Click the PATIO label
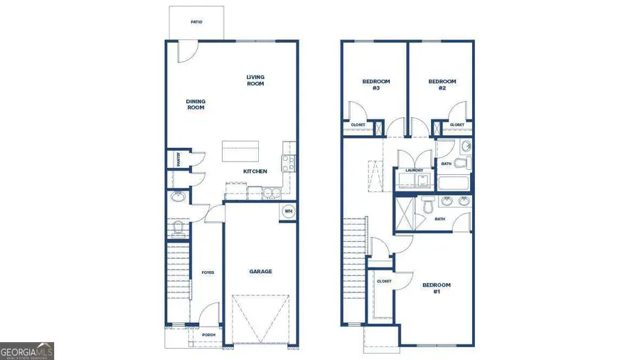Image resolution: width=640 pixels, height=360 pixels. click(x=196, y=22)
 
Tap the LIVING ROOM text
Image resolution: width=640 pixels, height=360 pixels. click(x=255, y=80)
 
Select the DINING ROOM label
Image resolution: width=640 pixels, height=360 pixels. click(x=196, y=105)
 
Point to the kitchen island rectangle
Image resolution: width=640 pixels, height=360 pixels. click(x=238, y=151)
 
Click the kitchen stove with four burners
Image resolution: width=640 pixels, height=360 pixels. click(x=289, y=163)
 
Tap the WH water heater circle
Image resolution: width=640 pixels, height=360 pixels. click(x=289, y=211)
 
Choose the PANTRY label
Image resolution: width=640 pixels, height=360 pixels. click(x=178, y=159)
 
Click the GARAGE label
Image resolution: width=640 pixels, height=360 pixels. click(x=260, y=271)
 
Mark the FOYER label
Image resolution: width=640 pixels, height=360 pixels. click(x=208, y=272)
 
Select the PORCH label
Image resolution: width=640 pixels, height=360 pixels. click(x=208, y=334)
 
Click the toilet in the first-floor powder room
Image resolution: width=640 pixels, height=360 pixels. click(x=178, y=228)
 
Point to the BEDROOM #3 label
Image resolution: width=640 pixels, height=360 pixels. click(x=375, y=85)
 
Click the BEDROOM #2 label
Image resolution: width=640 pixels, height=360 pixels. click(x=442, y=85)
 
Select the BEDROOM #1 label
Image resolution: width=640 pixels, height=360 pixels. click(x=437, y=288)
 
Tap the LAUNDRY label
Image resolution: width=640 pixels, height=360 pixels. click(x=414, y=170)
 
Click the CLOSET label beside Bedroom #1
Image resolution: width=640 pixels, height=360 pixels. click(x=384, y=281)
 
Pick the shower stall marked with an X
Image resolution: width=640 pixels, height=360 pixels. click(x=405, y=212)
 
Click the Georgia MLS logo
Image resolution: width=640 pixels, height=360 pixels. click(x=27, y=351)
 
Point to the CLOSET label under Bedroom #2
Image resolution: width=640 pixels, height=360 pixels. click(x=457, y=125)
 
